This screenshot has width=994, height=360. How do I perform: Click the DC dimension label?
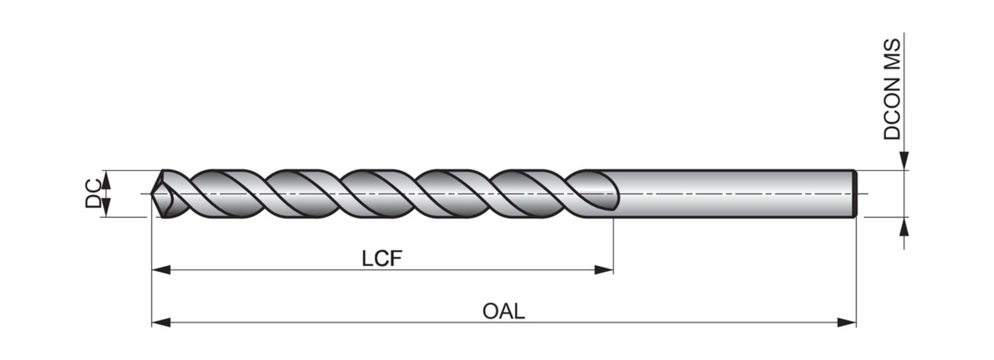93,193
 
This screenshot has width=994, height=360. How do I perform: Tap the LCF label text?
382,259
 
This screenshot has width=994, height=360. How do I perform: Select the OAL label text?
504,311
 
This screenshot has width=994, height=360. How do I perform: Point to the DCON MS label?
893,89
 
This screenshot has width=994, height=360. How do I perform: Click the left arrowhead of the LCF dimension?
161,270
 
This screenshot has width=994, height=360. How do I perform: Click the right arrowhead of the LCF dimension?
604,270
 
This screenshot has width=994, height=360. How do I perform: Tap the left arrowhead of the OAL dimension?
161,322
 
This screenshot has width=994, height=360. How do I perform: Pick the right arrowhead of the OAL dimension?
847,322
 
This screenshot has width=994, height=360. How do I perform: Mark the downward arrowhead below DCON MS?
904,161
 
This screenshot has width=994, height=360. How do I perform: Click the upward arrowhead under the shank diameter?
904,227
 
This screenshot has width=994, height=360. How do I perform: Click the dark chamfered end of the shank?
856,194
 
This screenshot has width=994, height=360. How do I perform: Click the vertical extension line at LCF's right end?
613,245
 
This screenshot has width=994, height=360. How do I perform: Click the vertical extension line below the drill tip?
152,265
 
